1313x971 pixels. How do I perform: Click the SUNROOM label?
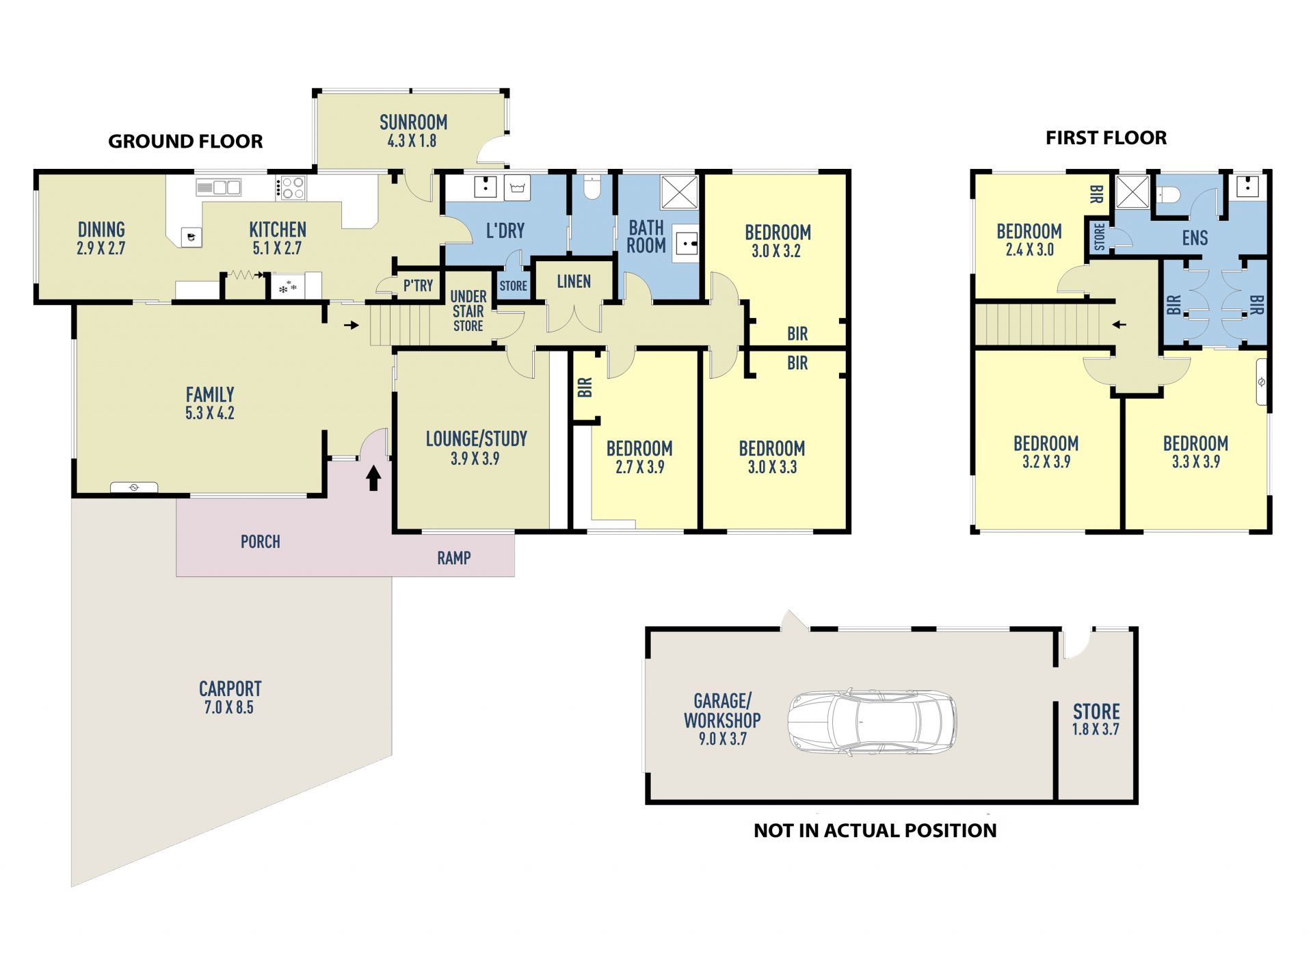pyautogui.click(x=413, y=122)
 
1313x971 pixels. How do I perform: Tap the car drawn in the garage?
pyautogui.click(x=872, y=722)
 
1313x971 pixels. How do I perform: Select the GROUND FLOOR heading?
pyautogui.click(x=185, y=142)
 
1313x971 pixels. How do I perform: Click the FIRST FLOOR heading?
pyautogui.click(x=1106, y=138)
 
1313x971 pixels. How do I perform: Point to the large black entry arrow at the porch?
pyautogui.click(x=373, y=478)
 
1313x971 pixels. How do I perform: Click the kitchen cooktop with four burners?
pyautogui.click(x=292, y=188)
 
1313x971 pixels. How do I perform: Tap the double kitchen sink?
pyautogui.click(x=219, y=187)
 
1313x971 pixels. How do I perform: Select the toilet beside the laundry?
pyautogui.click(x=592, y=186)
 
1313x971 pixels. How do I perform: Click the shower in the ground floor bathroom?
pyautogui.click(x=679, y=192)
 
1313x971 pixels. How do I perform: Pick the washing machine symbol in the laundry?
pyautogui.click(x=517, y=188)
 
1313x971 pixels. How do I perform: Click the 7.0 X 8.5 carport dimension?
pyautogui.click(x=229, y=708)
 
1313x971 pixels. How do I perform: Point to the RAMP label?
pyautogui.click(x=454, y=558)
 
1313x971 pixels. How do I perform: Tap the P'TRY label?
pyautogui.click(x=418, y=286)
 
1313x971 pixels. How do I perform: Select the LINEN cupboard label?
pyautogui.click(x=574, y=282)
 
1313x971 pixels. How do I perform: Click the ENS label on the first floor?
pyautogui.click(x=1195, y=238)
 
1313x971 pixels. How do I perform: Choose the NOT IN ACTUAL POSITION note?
pyautogui.click(x=875, y=831)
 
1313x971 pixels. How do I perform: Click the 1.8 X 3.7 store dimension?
pyautogui.click(x=1096, y=730)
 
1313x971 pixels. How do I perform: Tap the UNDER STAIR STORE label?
pyautogui.click(x=468, y=311)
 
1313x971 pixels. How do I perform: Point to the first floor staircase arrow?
pyautogui.click(x=1119, y=324)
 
